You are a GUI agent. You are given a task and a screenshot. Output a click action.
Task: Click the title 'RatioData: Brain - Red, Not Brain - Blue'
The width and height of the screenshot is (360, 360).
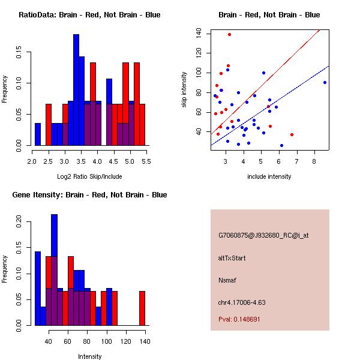pos(89,15)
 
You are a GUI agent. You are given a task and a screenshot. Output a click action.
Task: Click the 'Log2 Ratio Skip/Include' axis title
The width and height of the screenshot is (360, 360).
pos(89,176)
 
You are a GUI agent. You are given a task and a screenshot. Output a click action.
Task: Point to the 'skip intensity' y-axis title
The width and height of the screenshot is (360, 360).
pos(184,89)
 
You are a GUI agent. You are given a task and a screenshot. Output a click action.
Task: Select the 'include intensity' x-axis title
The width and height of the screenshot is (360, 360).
pos(269,176)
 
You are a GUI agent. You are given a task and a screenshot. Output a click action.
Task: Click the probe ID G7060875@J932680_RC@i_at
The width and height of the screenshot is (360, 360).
pos(263,236)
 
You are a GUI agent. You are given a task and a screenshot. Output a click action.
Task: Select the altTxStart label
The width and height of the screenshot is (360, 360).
pos(232,258)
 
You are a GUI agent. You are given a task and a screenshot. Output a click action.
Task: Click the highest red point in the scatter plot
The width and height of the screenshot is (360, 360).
pos(229,34)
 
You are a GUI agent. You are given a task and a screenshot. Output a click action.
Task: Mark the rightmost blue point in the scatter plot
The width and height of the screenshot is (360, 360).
pos(325,82)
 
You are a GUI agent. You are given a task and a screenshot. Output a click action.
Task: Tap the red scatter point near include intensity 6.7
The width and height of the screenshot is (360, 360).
pos(292,134)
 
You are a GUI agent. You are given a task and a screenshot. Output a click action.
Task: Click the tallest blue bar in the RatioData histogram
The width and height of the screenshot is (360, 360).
pos(76,90)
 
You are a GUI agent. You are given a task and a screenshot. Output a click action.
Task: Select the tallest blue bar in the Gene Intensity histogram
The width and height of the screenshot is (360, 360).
pos(55,270)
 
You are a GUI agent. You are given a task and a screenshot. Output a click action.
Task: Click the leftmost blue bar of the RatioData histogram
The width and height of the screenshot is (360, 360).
pos(38,134)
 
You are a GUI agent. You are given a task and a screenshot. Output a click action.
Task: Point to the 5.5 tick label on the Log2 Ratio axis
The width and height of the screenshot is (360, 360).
pos(145,161)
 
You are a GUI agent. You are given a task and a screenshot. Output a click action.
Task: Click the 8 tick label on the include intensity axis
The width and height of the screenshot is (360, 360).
pos(314,161)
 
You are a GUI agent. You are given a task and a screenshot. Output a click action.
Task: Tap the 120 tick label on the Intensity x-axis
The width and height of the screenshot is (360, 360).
pos(126,341)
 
